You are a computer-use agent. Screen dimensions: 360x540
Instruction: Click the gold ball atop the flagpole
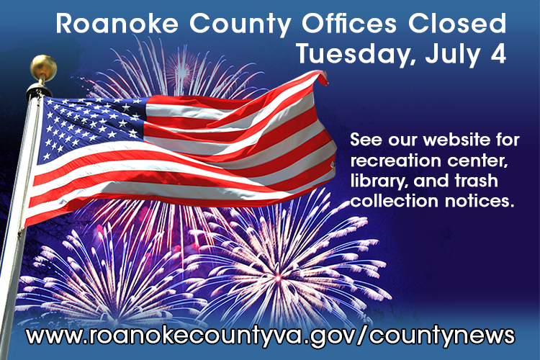(43, 68)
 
